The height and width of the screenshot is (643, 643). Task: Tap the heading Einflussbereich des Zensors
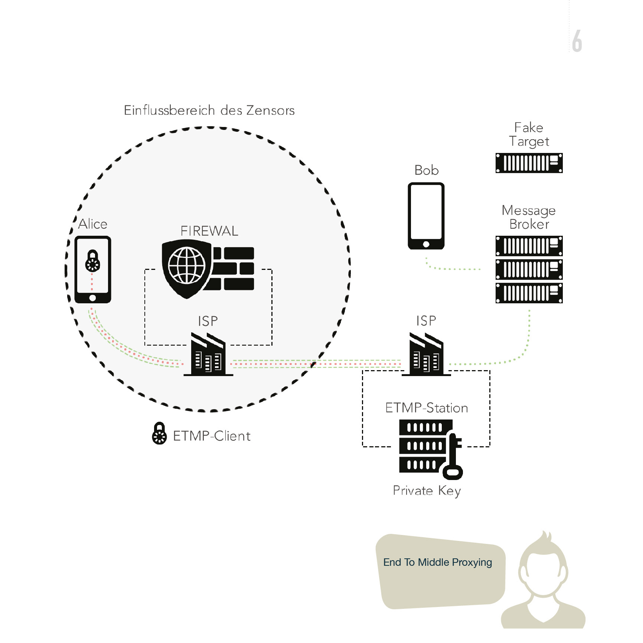coord(209,110)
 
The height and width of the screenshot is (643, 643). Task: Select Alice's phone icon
coord(93,270)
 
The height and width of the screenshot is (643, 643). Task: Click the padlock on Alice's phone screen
coord(92,261)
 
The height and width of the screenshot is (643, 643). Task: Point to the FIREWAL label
coord(209,231)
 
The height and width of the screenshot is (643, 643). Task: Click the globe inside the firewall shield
coord(186,265)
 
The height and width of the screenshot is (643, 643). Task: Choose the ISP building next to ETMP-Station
coord(426,355)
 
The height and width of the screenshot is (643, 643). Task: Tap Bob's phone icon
coord(426,216)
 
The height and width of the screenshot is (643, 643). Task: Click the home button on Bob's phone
coord(426,244)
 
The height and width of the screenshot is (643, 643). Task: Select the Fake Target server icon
coord(529,163)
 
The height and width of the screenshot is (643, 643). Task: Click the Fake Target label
coord(529,134)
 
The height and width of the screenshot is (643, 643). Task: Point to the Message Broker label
coord(529,217)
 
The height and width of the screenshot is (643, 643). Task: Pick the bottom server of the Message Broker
coord(529,293)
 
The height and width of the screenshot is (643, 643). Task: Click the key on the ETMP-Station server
coord(453,456)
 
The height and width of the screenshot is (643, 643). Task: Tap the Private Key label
coord(427,490)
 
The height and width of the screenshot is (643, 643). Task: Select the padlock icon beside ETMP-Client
coord(159,434)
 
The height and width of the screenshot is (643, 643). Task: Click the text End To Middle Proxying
coord(437,562)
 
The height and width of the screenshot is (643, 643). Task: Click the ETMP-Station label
coord(426,408)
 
